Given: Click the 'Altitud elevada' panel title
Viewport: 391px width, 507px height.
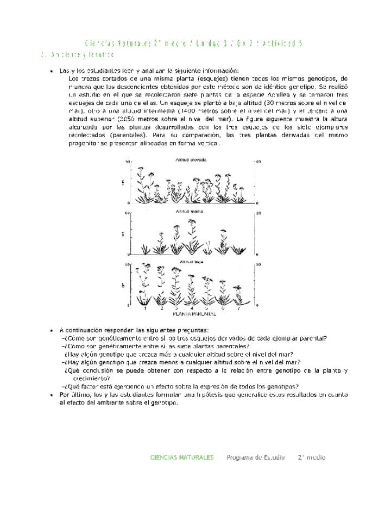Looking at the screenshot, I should (191, 160).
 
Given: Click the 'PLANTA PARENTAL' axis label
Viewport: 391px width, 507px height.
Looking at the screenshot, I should (194, 314).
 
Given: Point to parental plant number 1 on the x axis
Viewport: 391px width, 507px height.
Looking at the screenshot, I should (145, 308).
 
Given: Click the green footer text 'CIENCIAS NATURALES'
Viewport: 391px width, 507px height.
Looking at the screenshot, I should (182, 457).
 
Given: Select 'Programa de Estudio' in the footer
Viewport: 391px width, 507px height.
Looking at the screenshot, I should (256, 457).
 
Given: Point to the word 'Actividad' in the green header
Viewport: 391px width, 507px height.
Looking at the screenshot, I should (278, 42).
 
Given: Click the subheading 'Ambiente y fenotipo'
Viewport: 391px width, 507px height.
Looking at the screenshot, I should (82, 55).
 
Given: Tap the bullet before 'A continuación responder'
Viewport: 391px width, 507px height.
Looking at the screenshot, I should (51, 330).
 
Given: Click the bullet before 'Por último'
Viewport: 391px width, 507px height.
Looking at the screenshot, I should (51, 395).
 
